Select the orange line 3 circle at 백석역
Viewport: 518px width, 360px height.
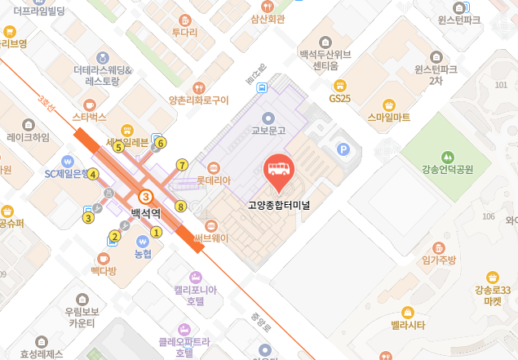(146, 197)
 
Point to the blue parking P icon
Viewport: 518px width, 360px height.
(343, 149)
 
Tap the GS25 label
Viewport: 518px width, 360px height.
(339, 99)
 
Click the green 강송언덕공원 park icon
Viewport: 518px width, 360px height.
(446, 156)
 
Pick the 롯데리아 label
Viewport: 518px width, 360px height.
(215, 180)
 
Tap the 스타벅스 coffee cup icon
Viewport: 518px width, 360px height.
(90, 104)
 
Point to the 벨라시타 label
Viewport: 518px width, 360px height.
(408, 325)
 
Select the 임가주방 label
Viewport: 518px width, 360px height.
(439, 260)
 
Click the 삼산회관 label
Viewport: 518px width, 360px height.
(268, 19)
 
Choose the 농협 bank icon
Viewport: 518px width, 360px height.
(143, 242)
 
